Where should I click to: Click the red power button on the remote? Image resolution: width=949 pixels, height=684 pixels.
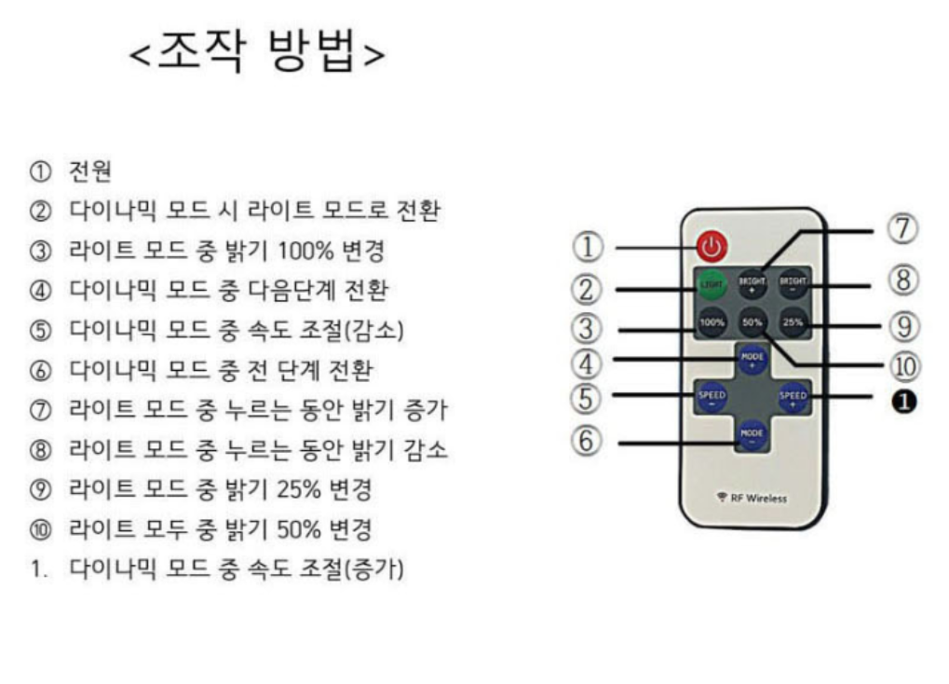pyautogui.click(x=712, y=247)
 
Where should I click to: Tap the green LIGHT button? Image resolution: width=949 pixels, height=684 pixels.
pyautogui.click(x=712, y=283)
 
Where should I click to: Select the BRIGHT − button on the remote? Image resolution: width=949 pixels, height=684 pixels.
pyautogui.click(x=793, y=283)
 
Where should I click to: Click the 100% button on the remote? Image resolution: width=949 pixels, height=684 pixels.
pyautogui.click(x=712, y=322)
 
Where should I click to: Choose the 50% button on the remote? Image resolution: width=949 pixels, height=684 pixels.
pyautogui.click(x=752, y=322)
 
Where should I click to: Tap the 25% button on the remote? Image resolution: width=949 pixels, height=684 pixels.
pyautogui.click(x=793, y=322)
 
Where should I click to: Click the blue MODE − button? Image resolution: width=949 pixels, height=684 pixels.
pyautogui.click(x=752, y=434)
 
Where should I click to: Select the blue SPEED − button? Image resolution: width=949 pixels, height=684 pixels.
pyautogui.click(x=712, y=398)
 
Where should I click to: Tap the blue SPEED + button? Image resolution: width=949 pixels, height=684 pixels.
pyautogui.click(x=793, y=398)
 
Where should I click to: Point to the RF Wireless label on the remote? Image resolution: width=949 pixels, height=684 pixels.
pyautogui.click(x=752, y=498)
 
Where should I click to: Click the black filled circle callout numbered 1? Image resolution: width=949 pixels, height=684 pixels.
pyautogui.click(x=904, y=400)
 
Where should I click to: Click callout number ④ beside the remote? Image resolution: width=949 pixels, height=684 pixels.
pyautogui.click(x=587, y=362)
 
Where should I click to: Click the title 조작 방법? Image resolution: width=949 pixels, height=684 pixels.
pyautogui.click(x=256, y=51)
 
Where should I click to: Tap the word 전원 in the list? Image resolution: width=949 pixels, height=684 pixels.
pyautogui.click(x=90, y=172)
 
